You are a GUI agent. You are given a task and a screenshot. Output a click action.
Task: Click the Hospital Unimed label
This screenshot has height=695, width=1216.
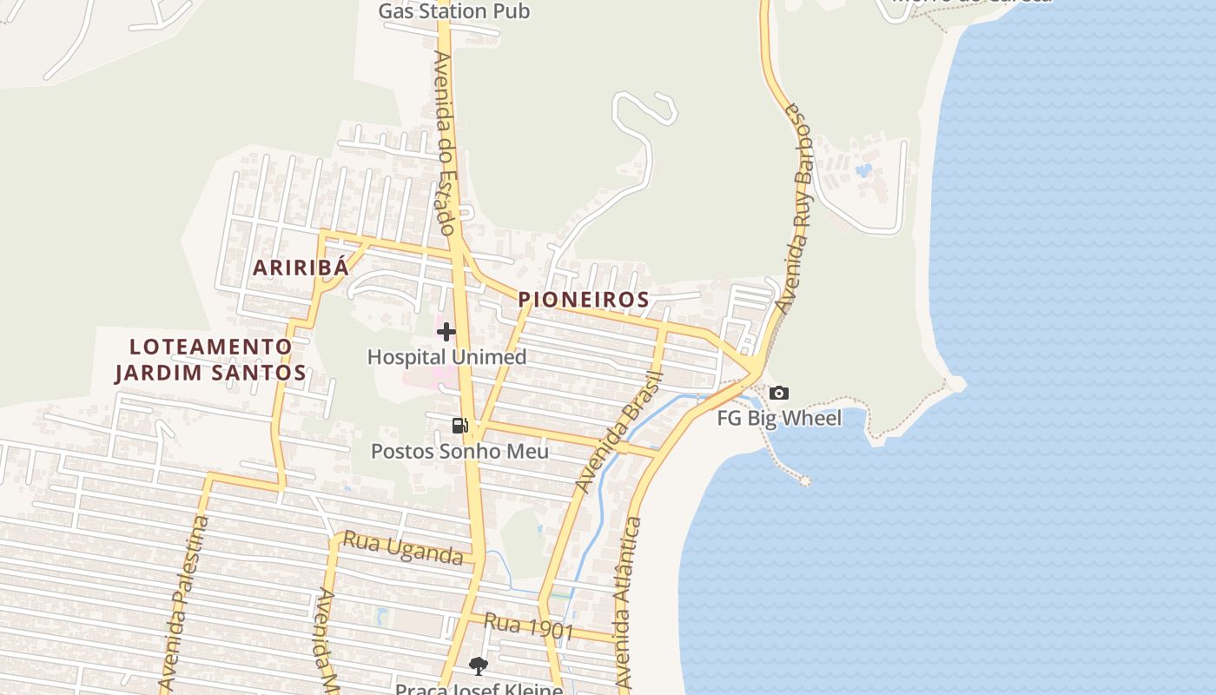pyautogui.click(x=446, y=357)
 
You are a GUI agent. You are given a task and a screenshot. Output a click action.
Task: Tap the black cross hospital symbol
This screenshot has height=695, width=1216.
pyautogui.click(x=446, y=332)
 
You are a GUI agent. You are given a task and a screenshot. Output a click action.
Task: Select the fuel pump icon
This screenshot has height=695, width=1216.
pyautogui.click(x=459, y=425)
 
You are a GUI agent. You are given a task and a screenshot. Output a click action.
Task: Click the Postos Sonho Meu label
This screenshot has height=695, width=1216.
pyautogui.click(x=459, y=452)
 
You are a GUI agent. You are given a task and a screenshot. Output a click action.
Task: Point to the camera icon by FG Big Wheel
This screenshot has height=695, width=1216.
pyautogui.click(x=779, y=393)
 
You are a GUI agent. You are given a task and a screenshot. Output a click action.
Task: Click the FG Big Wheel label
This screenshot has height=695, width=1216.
pyautogui.click(x=779, y=419)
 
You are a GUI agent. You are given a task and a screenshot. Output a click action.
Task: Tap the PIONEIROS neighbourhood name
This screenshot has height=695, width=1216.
pyautogui.click(x=584, y=300)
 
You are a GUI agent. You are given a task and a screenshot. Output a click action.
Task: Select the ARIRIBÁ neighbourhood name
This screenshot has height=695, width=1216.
pyautogui.click(x=301, y=268)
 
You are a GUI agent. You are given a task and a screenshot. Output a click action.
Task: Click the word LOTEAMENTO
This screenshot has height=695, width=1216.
pyautogui.click(x=211, y=347)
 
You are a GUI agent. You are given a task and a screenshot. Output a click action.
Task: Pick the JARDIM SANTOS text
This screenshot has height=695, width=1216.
pyautogui.click(x=211, y=374)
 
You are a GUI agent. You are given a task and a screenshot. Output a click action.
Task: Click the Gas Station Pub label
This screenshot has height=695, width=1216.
pyautogui.click(x=454, y=11)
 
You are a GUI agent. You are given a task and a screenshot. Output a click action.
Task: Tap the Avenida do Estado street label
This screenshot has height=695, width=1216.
pyautogui.click(x=446, y=143)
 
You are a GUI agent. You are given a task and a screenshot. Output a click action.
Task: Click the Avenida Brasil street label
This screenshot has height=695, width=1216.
pyautogui.click(x=620, y=432)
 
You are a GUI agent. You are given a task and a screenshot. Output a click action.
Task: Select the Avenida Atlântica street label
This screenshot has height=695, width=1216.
pyautogui.click(x=628, y=604)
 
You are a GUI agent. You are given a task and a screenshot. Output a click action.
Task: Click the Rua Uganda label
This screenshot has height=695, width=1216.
pyautogui.click(x=403, y=548)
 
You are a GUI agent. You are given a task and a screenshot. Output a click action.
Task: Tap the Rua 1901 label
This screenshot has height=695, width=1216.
pyautogui.click(x=529, y=626)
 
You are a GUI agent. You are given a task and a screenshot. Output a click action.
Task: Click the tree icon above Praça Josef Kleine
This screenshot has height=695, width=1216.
pyautogui.click(x=478, y=666)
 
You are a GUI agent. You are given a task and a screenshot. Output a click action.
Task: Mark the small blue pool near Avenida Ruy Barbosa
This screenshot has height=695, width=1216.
pyautogui.click(x=863, y=170)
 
